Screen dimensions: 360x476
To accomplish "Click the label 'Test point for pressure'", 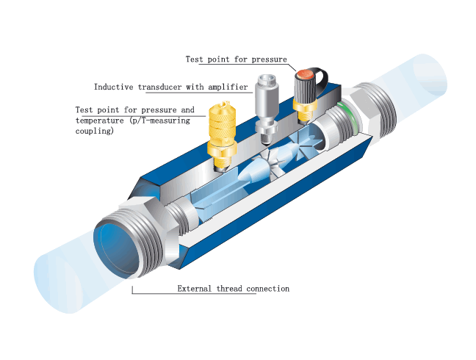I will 236,60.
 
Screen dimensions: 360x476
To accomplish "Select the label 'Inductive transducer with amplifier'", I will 171,86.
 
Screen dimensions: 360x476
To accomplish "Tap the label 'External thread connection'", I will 233,289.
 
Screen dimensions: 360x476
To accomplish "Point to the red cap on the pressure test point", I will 305,73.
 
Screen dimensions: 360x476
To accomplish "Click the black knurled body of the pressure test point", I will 304,91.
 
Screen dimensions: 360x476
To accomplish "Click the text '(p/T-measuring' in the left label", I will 162,120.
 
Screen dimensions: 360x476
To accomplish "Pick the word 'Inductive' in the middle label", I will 114,86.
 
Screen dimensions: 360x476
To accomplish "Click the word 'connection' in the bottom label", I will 267,289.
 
